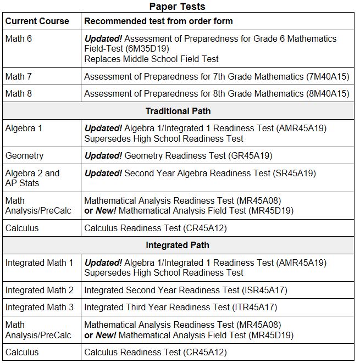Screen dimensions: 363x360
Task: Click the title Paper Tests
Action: click(x=178, y=6)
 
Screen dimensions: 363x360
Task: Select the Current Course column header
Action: click(x=37, y=21)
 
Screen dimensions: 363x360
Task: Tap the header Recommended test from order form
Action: click(x=158, y=21)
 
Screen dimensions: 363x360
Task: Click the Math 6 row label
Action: click(x=19, y=39)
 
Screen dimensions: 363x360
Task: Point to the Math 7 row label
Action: click(x=19, y=76)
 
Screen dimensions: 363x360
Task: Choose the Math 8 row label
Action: click(x=19, y=93)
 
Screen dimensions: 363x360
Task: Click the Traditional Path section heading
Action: click(x=178, y=111)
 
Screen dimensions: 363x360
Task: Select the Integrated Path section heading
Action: click(x=178, y=245)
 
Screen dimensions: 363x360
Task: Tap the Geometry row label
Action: click(x=24, y=156)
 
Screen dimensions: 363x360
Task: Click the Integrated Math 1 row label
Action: click(x=39, y=263)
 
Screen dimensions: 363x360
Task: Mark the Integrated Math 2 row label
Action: click(x=39, y=290)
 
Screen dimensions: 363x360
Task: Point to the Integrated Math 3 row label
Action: click(x=39, y=307)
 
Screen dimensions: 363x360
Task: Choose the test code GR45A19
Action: click(x=249, y=156)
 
